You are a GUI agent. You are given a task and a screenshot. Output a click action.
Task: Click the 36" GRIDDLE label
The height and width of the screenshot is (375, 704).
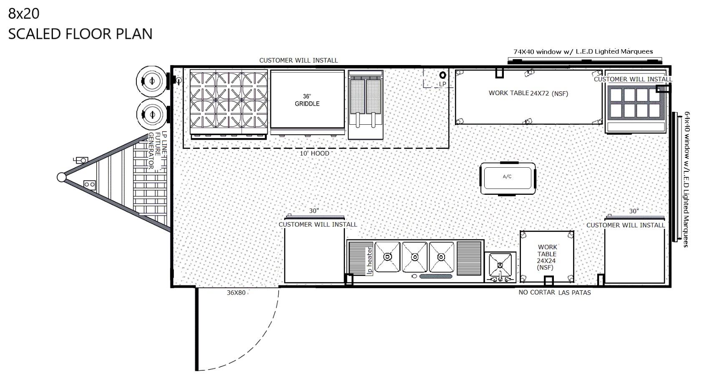(x=307, y=100)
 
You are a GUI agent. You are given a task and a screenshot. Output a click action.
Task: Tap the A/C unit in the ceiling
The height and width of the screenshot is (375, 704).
(x=508, y=178)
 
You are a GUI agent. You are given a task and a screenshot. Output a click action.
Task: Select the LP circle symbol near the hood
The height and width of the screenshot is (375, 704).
(x=443, y=75)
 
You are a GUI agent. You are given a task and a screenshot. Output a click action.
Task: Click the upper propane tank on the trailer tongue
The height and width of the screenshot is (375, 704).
(x=152, y=81)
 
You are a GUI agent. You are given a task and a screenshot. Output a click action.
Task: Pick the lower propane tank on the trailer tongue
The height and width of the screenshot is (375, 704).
(x=152, y=114)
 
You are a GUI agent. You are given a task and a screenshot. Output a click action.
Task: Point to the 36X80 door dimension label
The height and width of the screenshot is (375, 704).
(x=236, y=293)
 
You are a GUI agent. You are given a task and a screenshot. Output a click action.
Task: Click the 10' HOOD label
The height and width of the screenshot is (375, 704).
(x=314, y=154)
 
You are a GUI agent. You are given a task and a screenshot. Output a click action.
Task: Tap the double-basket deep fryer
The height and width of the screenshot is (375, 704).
(x=365, y=105)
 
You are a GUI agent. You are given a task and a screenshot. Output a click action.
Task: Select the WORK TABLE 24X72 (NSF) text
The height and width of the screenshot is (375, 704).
(x=528, y=93)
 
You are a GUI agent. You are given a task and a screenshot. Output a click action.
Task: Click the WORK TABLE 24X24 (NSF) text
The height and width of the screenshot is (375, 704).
(x=547, y=257)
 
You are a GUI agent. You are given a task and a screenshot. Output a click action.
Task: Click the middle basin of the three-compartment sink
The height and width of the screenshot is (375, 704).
(x=415, y=257)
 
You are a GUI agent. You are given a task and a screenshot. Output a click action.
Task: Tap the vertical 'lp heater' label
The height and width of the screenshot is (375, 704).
(x=370, y=261)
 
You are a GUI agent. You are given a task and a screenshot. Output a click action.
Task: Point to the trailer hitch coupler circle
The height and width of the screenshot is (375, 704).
(x=62, y=177)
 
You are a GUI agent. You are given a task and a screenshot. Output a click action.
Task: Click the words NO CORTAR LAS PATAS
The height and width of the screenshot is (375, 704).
(x=554, y=292)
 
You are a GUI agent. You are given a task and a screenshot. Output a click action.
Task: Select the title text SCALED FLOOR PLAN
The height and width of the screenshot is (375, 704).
(x=80, y=34)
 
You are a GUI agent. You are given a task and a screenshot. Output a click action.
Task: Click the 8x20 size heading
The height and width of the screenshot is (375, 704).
(x=24, y=13)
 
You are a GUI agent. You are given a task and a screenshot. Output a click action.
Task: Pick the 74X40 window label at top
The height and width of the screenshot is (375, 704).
(x=583, y=52)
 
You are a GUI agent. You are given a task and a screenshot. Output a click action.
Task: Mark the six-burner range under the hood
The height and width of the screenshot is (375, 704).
(x=229, y=104)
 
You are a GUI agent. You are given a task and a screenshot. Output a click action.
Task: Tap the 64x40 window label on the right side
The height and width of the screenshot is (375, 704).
(x=687, y=179)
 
